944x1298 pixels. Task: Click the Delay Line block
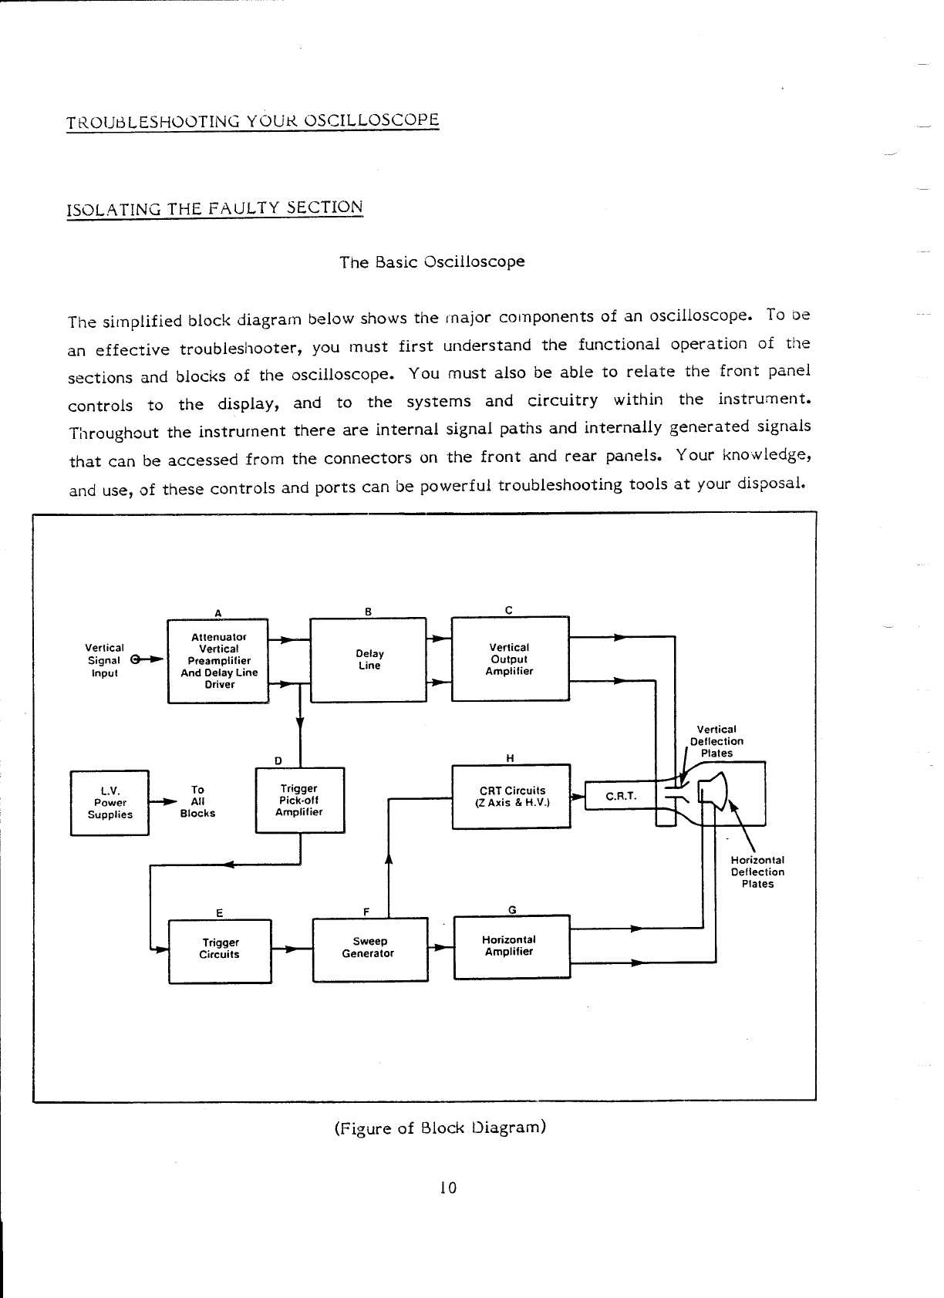point(369,659)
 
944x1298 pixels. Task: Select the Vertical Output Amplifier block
point(510,659)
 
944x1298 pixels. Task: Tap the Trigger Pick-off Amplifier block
point(299,800)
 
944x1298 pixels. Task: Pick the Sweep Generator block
point(369,948)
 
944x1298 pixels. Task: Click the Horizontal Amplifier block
point(511,946)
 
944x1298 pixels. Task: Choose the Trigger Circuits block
point(220,949)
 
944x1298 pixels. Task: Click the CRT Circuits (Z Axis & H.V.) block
point(511,796)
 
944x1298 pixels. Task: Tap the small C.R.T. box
point(620,796)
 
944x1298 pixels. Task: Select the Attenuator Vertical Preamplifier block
point(218,660)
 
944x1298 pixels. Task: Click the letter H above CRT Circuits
point(510,757)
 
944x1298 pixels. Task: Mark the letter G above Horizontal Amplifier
point(512,909)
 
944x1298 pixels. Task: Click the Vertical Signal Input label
point(104,660)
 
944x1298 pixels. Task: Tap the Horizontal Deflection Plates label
point(757,872)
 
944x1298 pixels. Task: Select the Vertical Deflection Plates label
point(716,741)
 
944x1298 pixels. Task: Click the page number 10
point(447,1188)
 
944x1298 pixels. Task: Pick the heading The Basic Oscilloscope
point(432,261)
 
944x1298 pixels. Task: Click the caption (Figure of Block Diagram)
point(440,1128)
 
